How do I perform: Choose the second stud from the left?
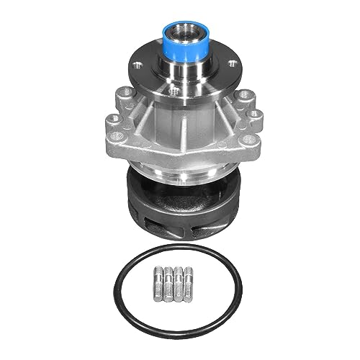pos(169,282)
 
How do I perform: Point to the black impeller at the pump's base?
pos(180,205)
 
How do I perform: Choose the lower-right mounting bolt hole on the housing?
pos(247,139)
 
